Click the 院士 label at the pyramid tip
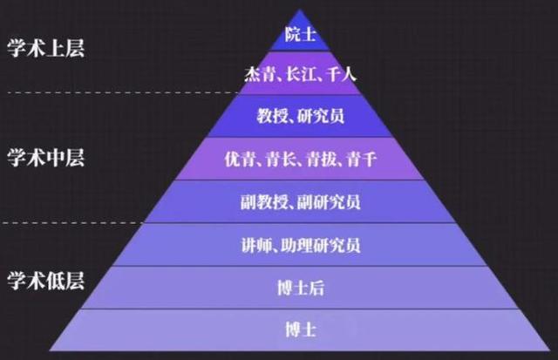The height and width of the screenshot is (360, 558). (x=300, y=35)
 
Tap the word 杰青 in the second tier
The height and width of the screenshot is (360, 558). (x=259, y=74)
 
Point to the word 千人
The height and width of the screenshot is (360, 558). (x=341, y=74)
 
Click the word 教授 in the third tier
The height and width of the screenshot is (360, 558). (x=272, y=116)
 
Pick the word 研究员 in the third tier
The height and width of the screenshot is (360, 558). (x=321, y=116)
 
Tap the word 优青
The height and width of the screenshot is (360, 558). (x=240, y=159)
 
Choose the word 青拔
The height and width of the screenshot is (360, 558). (x=321, y=159)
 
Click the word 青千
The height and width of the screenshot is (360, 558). (x=362, y=159)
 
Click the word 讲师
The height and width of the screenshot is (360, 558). (x=256, y=245)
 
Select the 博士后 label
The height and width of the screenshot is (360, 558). (x=301, y=288)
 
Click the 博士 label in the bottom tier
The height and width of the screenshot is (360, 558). (x=301, y=329)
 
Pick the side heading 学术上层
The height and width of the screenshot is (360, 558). (x=46, y=48)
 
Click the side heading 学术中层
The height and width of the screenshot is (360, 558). (x=46, y=158)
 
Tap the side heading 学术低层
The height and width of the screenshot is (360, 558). (x=46, y=281)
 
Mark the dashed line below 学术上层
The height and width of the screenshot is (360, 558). (x=124, y=93)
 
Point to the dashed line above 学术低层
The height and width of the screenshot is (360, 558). (x=72, y=223)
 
